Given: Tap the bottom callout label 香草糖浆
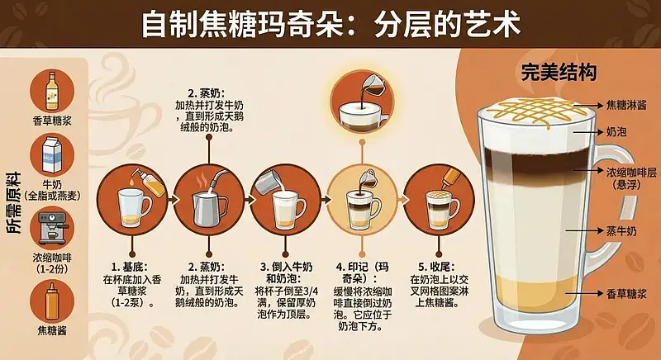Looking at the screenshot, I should tap(625, 294).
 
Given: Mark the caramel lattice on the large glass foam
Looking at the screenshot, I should tap(538, 110).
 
